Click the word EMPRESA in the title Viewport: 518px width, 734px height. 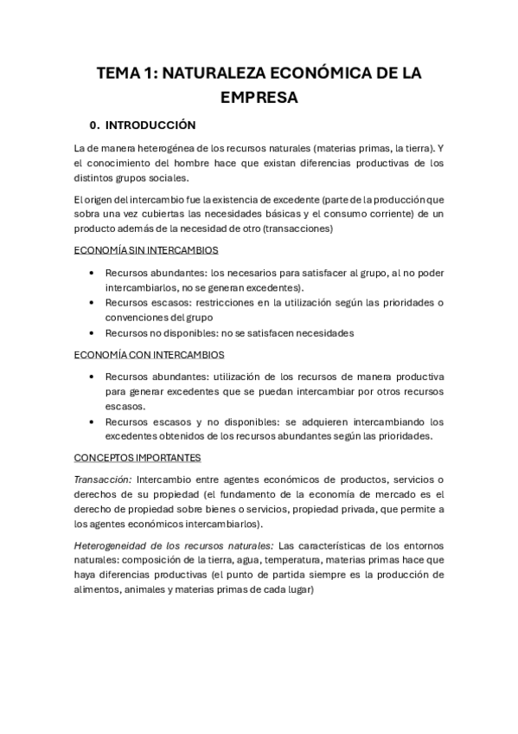259,97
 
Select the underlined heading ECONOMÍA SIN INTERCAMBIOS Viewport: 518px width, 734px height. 145,250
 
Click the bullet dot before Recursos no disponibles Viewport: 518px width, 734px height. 93,333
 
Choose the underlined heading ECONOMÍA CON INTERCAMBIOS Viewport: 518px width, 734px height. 149,355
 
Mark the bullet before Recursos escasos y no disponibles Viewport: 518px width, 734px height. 93,422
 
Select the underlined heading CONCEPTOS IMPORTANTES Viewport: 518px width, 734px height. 137,458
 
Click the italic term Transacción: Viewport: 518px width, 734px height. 103,480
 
